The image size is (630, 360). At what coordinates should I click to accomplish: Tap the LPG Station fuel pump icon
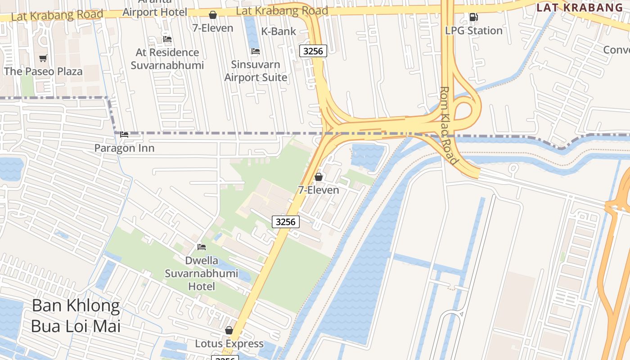pos(473,17)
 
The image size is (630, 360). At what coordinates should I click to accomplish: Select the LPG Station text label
pos(473,31)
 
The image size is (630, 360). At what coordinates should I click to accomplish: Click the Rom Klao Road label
pos(449,125)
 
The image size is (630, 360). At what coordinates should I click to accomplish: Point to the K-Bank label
pos(279,31)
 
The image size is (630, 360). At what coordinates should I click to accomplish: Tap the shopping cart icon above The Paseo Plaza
pos(43,58)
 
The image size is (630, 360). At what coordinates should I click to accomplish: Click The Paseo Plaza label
pos(43,71)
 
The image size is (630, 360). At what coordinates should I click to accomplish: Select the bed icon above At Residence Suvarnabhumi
pos(167,39)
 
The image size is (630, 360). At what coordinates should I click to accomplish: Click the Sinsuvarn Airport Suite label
pos(256,71)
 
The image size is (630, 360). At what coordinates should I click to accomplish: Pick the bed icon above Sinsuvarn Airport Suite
pos(256,51)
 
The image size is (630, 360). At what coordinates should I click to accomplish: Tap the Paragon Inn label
pos(124,148)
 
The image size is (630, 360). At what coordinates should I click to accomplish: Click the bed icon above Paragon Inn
pos(124,135)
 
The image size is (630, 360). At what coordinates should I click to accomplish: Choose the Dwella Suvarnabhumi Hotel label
pos(201,273)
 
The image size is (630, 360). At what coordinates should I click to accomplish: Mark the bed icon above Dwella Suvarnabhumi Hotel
pos(202,247)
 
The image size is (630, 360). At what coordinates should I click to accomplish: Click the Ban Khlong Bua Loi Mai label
pos(76,315)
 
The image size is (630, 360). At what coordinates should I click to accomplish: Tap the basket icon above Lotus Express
pos(229,330)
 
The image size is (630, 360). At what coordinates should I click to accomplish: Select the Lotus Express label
pos(229,343)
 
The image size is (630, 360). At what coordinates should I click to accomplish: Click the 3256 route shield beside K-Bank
pos(313,51)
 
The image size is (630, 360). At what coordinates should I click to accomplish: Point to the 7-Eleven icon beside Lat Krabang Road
pos(213,15)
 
